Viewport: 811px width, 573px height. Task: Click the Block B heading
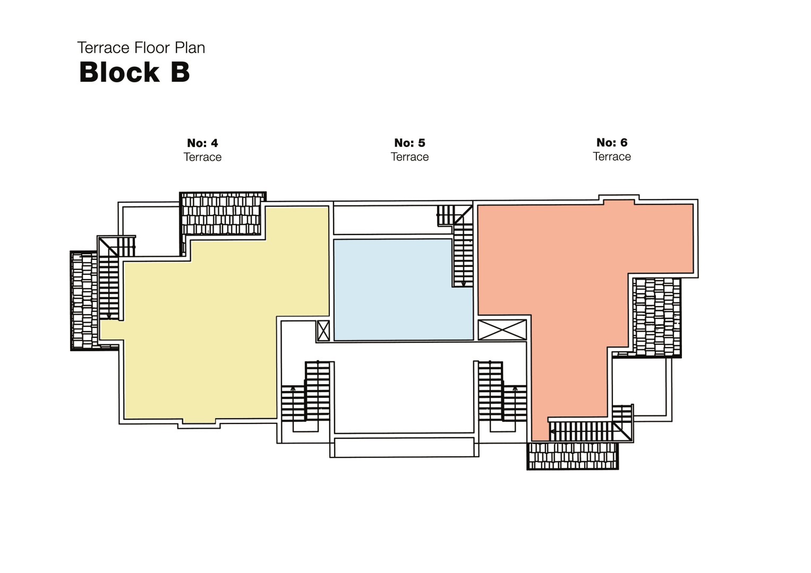(x=134, y=72)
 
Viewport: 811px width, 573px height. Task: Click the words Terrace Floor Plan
(x=141, y=48)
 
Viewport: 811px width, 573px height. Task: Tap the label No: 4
(x=202, y=143)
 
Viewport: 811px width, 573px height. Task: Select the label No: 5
(x=409, y=143)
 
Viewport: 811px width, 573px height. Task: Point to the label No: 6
(x=612, y=142)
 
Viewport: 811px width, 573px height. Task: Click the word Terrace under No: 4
(x=202, y=157)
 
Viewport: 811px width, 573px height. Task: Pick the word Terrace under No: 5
(x=409, y=157)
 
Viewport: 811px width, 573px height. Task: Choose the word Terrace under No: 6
(x=612, y=157)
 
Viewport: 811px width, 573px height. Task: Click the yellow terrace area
(x=212, y=329)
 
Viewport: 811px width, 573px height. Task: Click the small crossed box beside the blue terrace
(x=323, y=331)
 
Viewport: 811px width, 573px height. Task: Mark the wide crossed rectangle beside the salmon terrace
(x=502, y=329)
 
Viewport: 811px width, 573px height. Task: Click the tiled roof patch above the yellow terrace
(x=222, y=214)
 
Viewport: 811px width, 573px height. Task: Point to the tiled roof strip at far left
(x=84, y=300)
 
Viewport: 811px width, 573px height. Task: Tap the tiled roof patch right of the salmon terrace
(x=656, y=317)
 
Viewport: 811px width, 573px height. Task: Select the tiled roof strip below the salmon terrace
(x=573, y=456)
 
